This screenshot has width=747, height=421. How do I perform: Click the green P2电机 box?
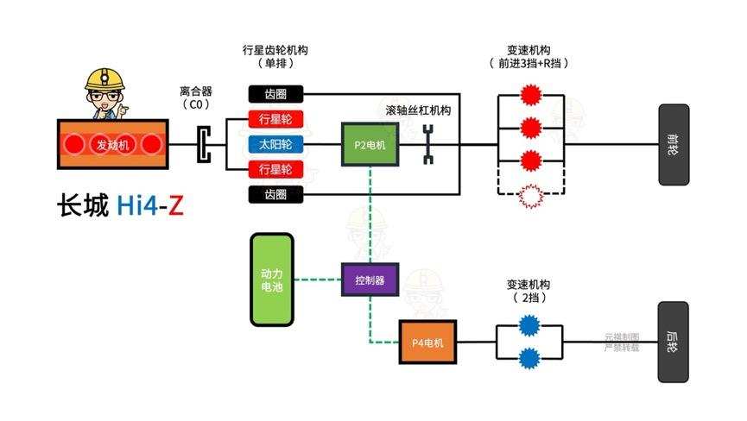pyautogui.click(x=370, y=145)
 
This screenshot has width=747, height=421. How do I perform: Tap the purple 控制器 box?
pyautogui.click(x=370, y=280)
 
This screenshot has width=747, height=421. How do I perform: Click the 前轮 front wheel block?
pyautogui.click(x=674, y=144)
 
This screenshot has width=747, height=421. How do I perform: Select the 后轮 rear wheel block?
pyautogui.click(x=673, y=342)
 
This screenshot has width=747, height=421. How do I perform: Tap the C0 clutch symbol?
pyautogui.click(x=203, y=144)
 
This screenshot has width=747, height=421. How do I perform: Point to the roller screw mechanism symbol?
pyautogui.click(x=427, y=144)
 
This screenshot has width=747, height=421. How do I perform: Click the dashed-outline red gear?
pyautogui.click(x=529, y=198)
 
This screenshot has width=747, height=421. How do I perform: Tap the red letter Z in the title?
pyautogui.click(x=175, y=207)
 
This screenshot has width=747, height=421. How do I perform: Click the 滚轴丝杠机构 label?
pyautogui.click(x=418, y=110)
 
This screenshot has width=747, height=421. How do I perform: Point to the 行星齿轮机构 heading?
pyautogui.click(x=276, y=50)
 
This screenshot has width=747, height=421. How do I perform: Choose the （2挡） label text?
pyautogui.click(x=528, y=298)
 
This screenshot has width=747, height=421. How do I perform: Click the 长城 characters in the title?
pyautogui.click(x=83, y=207)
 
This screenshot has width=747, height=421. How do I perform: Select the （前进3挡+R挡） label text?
pyautogui.click(x=529, y=64)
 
